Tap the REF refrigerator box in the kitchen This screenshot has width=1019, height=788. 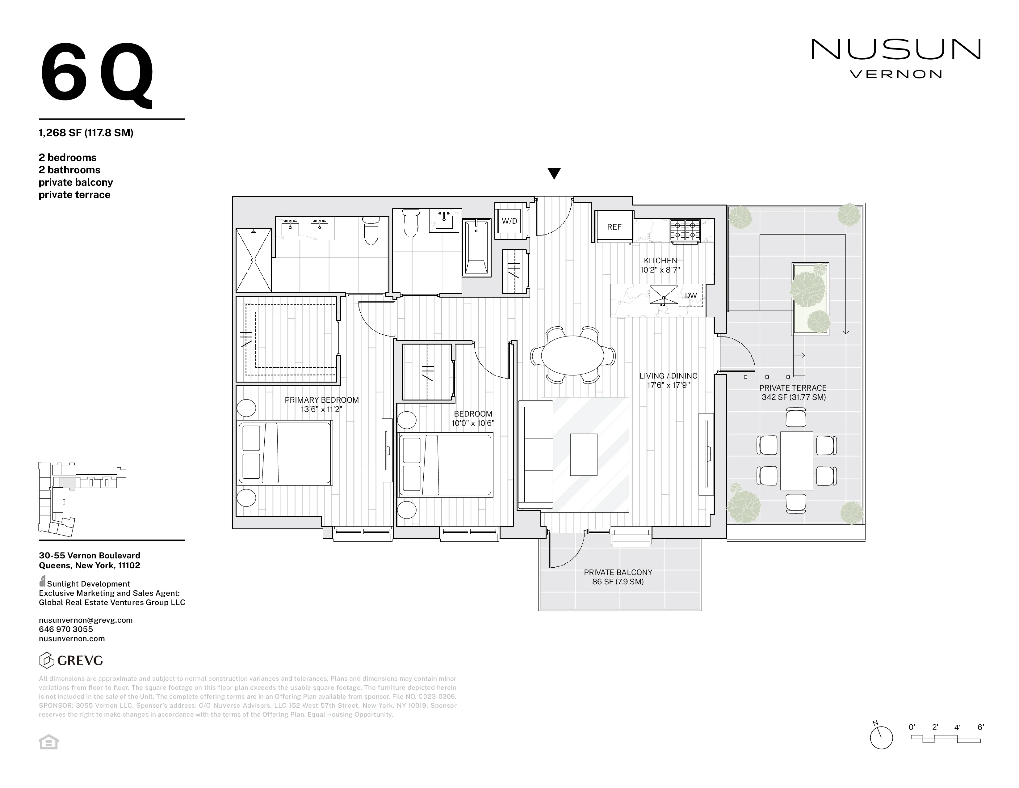(614, 227)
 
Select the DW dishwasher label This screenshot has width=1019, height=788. (690, 295)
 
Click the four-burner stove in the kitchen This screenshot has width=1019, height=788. (685, 230)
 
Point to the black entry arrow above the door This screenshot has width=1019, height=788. (554, 174)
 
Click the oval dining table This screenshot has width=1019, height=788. (572, 355)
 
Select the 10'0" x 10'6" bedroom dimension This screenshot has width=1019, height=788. (473, 423)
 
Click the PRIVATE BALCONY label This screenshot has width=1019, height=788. (618, 572)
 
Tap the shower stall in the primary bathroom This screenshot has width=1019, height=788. (253, 260)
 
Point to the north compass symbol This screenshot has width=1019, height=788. (881, 738)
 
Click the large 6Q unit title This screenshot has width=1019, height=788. (97, 73)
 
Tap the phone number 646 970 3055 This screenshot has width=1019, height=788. (66, 629)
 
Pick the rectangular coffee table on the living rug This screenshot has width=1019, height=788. (583, 454)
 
